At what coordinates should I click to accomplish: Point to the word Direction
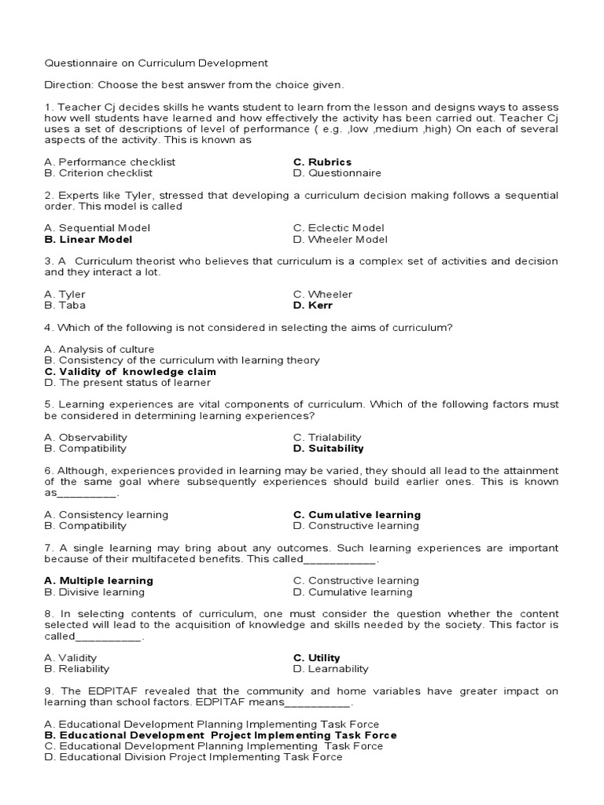[68, 84]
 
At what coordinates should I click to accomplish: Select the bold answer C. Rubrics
[322, 162]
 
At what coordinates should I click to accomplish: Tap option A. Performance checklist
[110, 162]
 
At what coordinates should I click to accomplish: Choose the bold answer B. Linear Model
[89, 239]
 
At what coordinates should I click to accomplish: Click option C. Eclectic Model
[339, 228]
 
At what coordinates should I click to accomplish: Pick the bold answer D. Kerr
[312, 305]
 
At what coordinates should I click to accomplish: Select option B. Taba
[65, 305]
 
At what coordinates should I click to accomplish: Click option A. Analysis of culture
[100, 349]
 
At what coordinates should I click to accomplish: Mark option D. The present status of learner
[128, 382]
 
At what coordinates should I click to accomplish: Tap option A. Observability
[86, 437]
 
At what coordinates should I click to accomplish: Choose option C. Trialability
[327, 437]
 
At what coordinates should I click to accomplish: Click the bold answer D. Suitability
[329, 448]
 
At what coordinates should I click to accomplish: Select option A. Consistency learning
[107, 515]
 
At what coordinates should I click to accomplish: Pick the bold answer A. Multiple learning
[99, 581]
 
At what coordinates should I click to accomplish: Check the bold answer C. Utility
[317, 658]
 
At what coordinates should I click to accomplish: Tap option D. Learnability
[330, 669]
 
